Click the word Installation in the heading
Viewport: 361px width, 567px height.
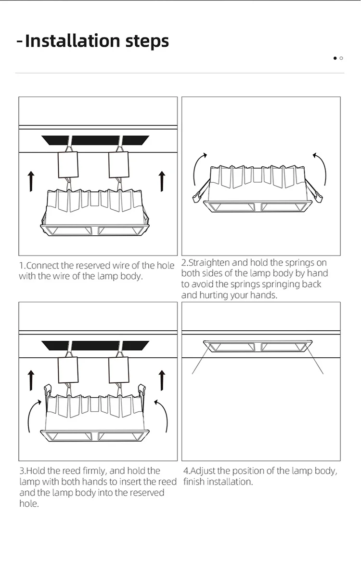[72, 40]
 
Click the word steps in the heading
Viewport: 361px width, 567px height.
[147, 41]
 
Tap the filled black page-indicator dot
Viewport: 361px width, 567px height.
[335, 58]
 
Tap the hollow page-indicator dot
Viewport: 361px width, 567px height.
[341, 58]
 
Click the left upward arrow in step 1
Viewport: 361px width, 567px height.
[31, 181]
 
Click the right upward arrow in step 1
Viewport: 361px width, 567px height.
[162, 181]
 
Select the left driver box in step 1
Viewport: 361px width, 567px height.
[68, 164]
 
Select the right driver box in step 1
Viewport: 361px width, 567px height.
[119, 164]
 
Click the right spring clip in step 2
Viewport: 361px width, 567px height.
[314, 191]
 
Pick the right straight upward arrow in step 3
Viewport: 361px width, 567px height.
[162, 380]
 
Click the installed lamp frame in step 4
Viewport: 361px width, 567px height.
[258, 346]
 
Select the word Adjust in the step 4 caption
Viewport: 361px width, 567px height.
[203, 471]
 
